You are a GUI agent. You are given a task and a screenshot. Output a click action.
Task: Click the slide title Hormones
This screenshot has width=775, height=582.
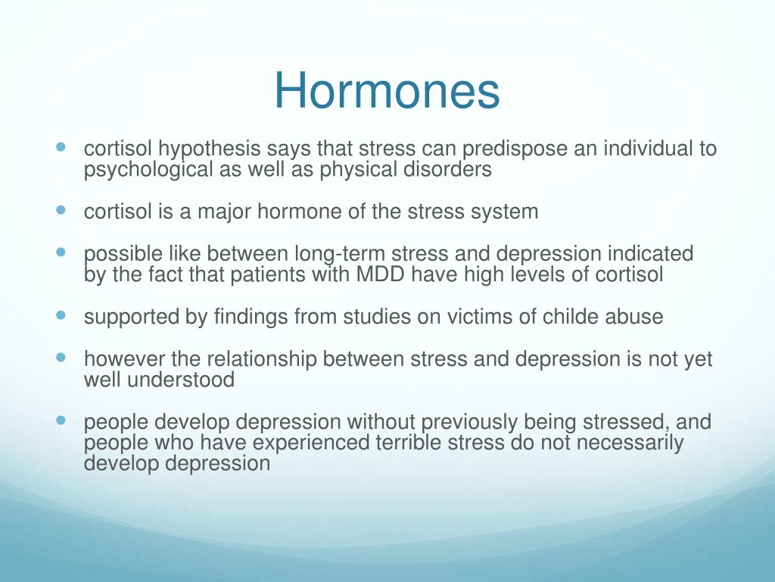coord(387,91)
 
